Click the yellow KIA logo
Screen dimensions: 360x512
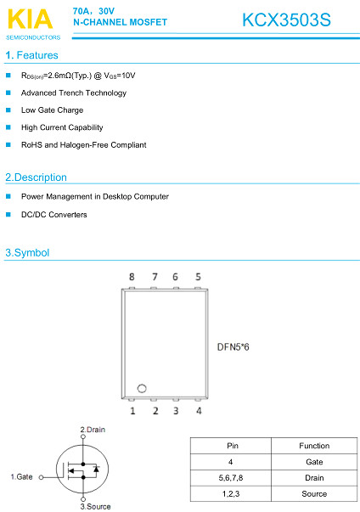tap(30, 20)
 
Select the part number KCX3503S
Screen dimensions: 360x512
tap(286, 20)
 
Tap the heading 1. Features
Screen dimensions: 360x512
tap(31, 55)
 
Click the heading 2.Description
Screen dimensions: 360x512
tap(36, 177)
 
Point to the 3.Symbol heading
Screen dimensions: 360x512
tap(27, 253)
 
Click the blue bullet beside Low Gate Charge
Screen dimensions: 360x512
tap(8, 110)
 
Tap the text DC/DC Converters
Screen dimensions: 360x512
tap(54, 215)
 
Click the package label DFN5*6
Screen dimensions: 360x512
tap(233, 346)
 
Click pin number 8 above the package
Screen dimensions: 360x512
tap(132, 277)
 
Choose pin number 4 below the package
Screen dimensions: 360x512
tap(199, 410)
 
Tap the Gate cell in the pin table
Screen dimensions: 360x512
tap(314, 462)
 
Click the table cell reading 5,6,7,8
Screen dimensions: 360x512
tap(231, 478)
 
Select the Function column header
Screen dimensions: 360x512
tap(314, 446)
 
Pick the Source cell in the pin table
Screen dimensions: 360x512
tap(314, 493)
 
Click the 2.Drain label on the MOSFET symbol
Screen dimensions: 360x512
tap(93, 430)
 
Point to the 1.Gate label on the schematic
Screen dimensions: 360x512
tap(21, 476)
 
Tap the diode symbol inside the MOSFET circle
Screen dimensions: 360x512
tap(96, 469)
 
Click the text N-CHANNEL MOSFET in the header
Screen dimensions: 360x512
tap(120, 22)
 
